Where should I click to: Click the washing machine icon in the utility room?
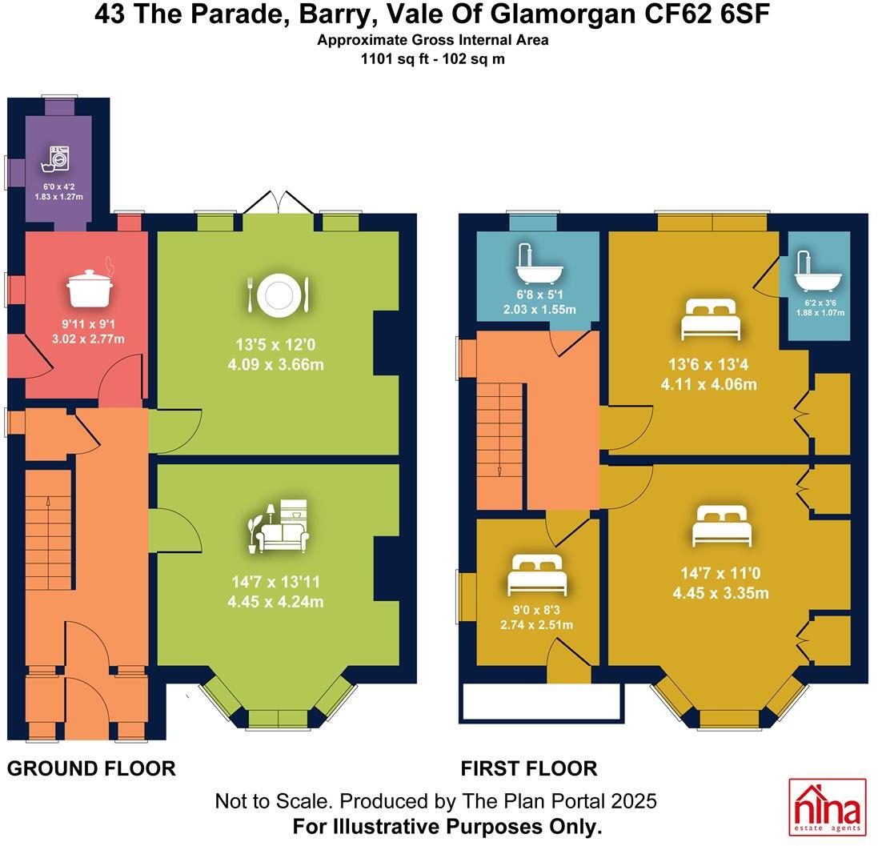pyautogui.click(x=55, y=158)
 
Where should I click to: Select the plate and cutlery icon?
pyautogui.click(x=278, y=294)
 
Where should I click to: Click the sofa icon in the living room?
pyautogui.click(x=279, y=527)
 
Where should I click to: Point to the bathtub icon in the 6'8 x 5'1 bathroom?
pyautogui.click(x=538, y=264)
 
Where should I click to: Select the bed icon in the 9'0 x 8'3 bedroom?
pyautogui.click(x=537, y=575)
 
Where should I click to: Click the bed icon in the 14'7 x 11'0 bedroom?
pyautogui.click(x=721, y=526)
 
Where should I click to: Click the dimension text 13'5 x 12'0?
pyautogui.click(x=275, y=344)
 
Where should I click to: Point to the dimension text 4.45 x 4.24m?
pyautogui.click(x=275, y=602)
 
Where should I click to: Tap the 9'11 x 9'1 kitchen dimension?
pyautogui.click(x=89, y=323)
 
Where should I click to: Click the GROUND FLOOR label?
pyautogui.click(x=91, y=768)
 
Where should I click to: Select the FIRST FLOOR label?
pyautogui.click(x=529, y=768)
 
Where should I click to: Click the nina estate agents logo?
pyautogui.click(x=827, y=806)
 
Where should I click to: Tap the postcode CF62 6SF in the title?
pyautogui.click(x=707, y=14)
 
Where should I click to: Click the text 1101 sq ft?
pyautogui.click(x=395, y=58)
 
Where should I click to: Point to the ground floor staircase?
pyautogui.click(x=49, y=530)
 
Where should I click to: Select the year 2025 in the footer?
pyautogui.click(x=634, y=801)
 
